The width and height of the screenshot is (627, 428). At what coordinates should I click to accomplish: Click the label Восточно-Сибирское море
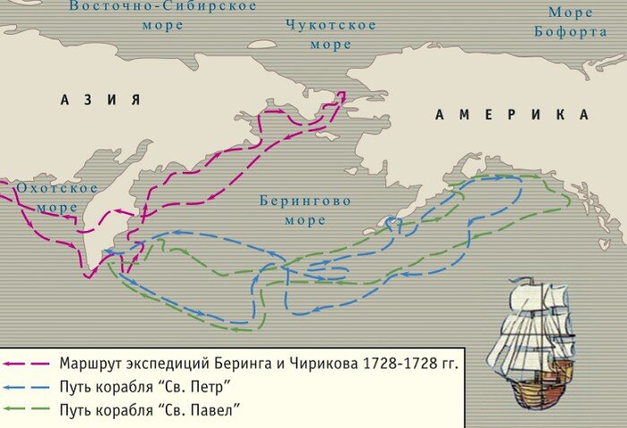(x=162, y=15)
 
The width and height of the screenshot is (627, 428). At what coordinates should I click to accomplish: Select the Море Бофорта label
(x=571, y=22)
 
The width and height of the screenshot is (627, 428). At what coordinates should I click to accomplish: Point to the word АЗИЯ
(x=101, y=99)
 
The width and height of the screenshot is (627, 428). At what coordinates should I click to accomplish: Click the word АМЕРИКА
(x=512, y=115)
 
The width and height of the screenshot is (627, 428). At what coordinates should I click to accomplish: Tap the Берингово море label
(x=305, y=210)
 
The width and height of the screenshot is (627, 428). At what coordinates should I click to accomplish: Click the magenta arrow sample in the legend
(x=27, y=364)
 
